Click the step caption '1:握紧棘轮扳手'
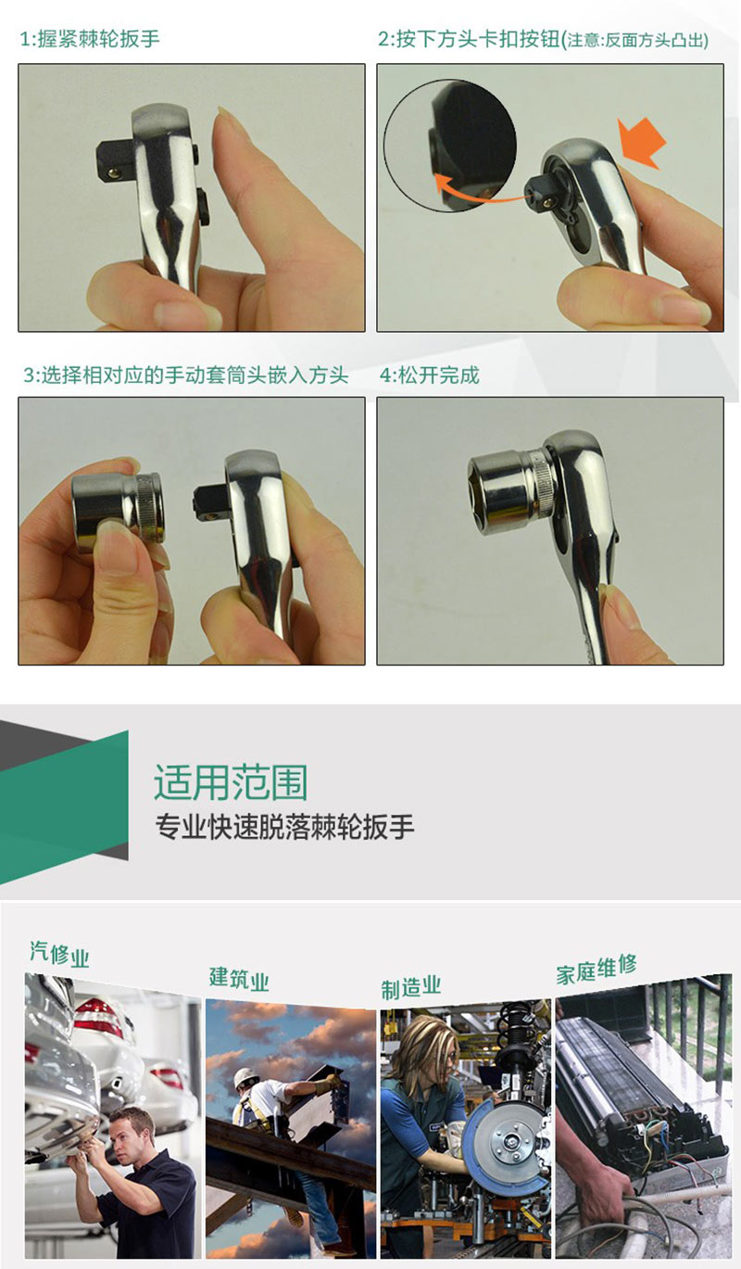[x=90, y=39]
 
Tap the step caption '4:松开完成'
[x=429, y=375]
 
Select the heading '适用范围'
[x=231, y=781]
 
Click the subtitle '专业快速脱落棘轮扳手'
[x=284, y=827]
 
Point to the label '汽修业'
[x=59, y=954]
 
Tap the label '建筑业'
[x=239, y=978]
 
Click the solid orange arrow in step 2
[x=642, y=143]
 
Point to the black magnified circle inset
[x=450, y=145]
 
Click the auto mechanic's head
[x=132, y=1133]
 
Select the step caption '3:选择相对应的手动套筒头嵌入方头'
[x=185, y=375]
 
